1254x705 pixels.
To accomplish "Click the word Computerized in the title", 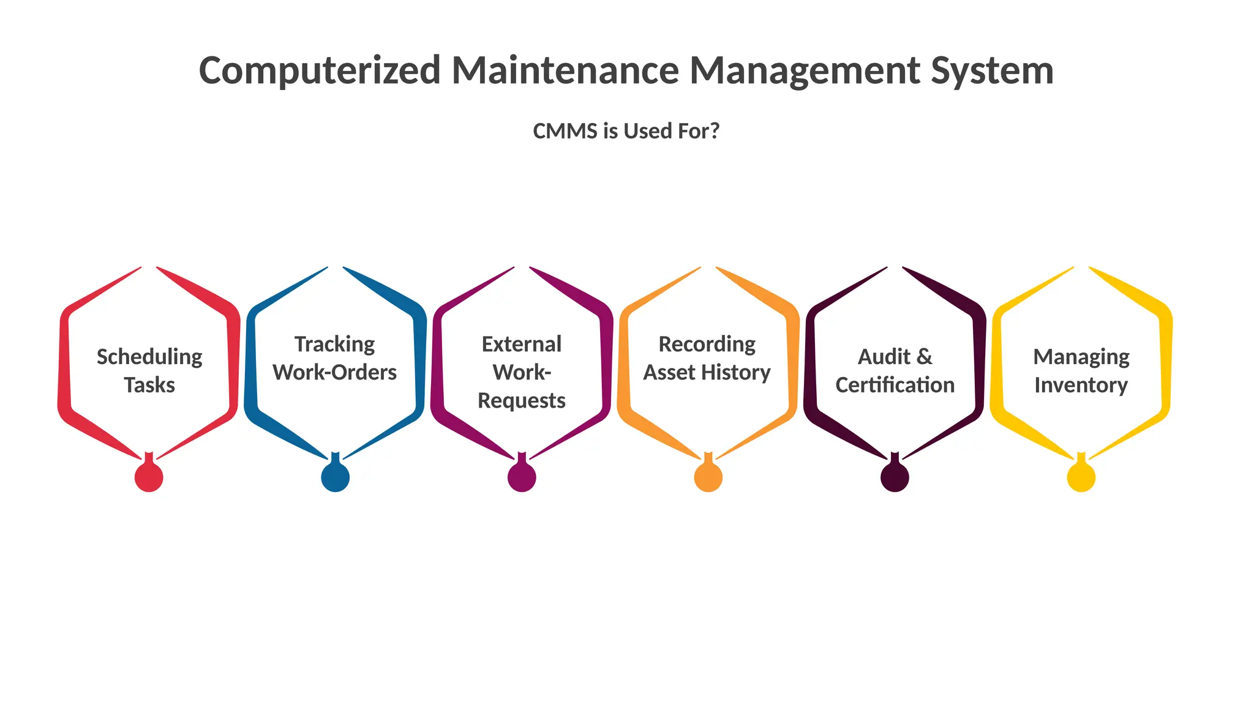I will click(x=320, y=70).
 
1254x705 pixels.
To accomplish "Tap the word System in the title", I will click(x=992, y=70).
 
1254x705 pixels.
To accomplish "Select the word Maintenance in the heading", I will click(x=565, y=70).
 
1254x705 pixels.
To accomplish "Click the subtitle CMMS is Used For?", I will click(x=626, y=131).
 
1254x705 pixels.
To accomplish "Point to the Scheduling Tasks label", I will click(x=149, y=371).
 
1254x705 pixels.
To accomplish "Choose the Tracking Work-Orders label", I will click(x=335, y=358).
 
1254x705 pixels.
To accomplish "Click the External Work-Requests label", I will click(x=522, y=372).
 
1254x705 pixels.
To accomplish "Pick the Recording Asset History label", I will click(x=707, y=358).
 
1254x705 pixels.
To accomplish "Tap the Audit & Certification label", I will click(x=895, y=371).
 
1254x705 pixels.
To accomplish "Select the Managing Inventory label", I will click(x=1081, y=371).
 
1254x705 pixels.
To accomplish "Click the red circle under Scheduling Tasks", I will click(x=149, y=477).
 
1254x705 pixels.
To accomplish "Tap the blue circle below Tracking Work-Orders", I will click(x=336, y=477).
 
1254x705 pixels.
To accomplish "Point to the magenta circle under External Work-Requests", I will click(x=522, y=477).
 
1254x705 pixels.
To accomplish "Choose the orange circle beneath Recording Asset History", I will click(x=708, y=477).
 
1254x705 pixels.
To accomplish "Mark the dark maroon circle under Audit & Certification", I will click(x=895, y=477).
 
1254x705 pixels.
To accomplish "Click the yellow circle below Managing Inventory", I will click(x=1081, y=477).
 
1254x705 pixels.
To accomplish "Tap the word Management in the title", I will click(x=805, y=70).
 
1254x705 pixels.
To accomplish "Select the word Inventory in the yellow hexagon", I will click(x=1081, y=386).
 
